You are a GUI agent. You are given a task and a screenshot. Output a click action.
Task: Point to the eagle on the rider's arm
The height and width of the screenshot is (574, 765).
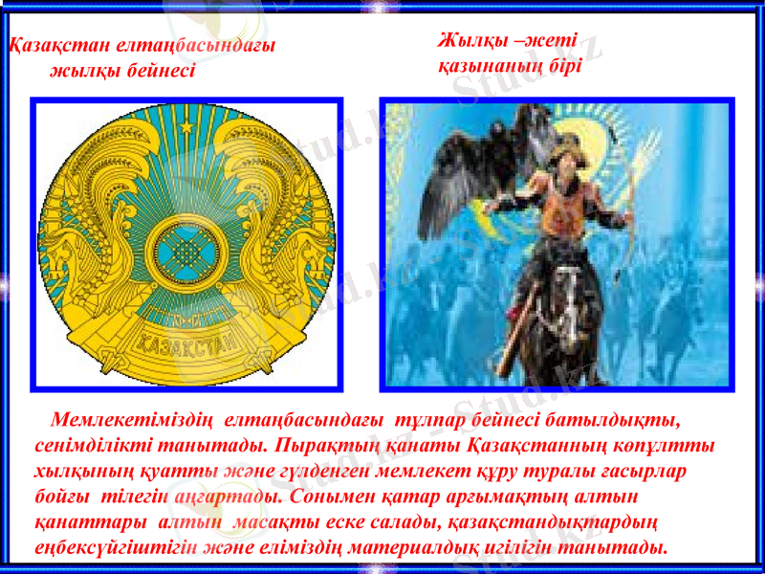click(478, 167)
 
